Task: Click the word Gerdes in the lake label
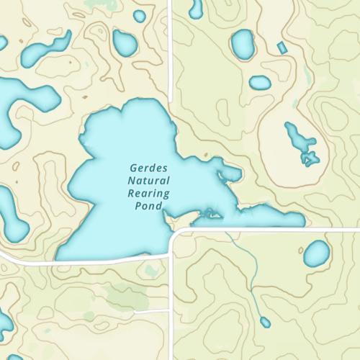point(148,166)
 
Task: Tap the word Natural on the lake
point(148,179)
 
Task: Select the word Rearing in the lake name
point(148,193)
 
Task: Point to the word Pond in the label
point(148,206)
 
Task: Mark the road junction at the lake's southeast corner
point(173,233)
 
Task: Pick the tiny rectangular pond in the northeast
point(282,48)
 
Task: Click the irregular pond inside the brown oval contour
point(301,144)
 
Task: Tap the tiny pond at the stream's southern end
point(264,321)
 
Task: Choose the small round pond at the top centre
point(139,16)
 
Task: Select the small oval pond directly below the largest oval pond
point(260,83)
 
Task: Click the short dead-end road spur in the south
point(155,311)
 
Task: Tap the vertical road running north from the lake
point(170,50)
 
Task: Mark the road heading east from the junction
point(274,230)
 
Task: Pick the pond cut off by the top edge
point(195,7)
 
